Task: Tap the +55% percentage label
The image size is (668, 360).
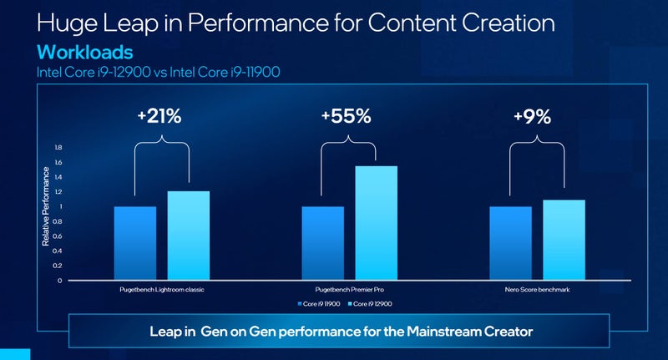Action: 347,117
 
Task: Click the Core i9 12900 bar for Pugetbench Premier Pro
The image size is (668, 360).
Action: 376,223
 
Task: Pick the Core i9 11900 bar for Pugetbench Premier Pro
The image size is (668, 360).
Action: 322,243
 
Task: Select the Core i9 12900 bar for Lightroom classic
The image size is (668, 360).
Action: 189,236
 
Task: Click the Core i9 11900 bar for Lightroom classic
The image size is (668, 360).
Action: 135,243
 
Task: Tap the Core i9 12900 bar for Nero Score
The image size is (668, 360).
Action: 564,240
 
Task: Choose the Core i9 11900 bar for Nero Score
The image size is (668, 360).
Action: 510,243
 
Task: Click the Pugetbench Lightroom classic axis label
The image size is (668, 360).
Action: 163,290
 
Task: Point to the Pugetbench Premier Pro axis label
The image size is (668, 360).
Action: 350,290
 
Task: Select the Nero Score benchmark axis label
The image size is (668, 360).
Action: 537,290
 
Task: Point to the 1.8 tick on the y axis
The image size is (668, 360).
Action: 58,148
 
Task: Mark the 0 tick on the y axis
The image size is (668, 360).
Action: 59,281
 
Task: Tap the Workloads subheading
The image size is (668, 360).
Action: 83,53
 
